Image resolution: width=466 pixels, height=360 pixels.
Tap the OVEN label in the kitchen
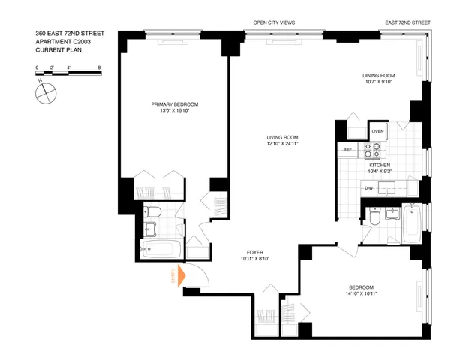377,132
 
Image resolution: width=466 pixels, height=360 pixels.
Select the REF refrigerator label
348,150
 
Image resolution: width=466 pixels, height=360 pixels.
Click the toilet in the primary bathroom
150,211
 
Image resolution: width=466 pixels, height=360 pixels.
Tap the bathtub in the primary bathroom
159,248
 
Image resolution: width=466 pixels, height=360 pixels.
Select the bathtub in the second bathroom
413,223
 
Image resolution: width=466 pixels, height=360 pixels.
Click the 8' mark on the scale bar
99,67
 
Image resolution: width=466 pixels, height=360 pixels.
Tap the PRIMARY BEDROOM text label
174,103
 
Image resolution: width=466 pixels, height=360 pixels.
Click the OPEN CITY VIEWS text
274,23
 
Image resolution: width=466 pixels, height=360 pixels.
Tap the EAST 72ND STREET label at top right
407,23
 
